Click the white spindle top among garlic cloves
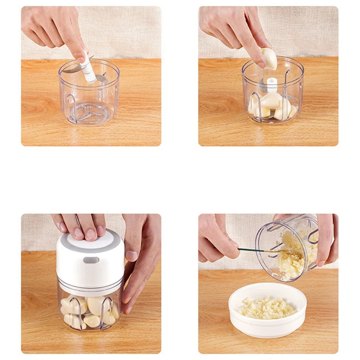(272, 84)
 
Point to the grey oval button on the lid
(91, 260)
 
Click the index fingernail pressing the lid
(91, 234)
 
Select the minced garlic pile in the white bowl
(267, 308)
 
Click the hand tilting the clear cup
(327, 238)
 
